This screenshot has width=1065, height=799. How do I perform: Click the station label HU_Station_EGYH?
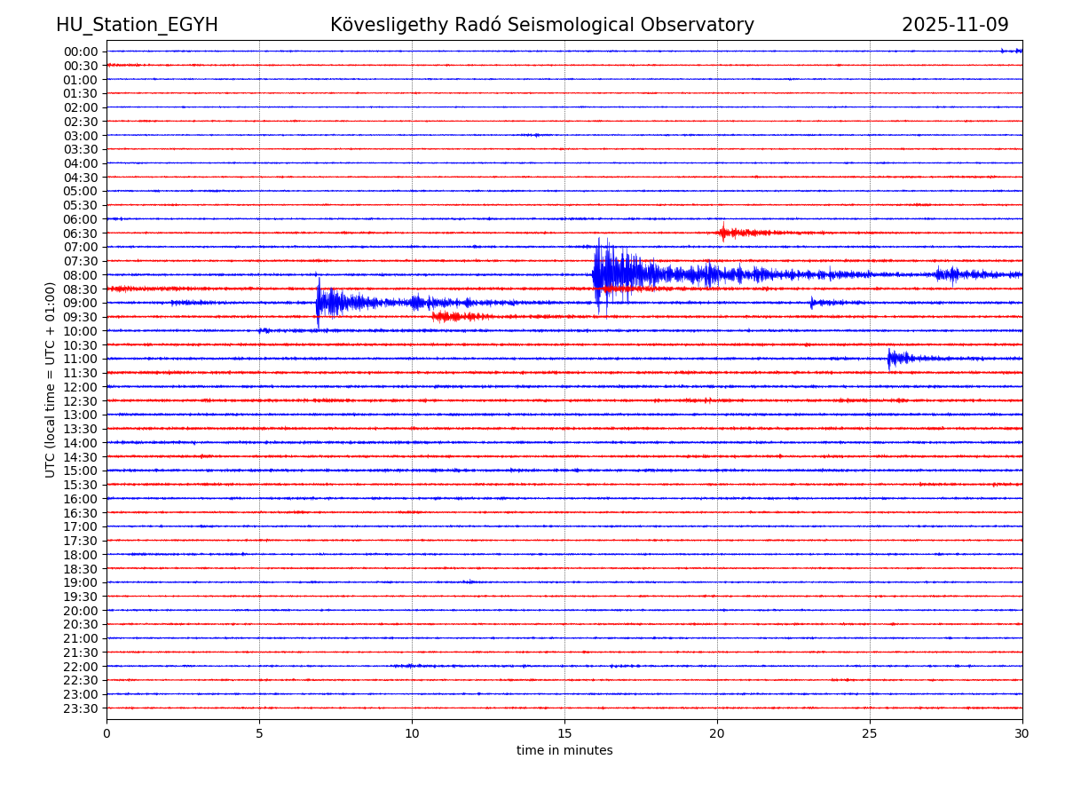click(x=137, y=25)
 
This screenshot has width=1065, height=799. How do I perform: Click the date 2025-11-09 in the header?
click(x=955, y=25)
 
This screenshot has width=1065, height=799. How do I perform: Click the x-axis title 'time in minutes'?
click(x=564, y=751)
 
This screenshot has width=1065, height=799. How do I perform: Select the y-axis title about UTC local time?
click(x=51, y=379)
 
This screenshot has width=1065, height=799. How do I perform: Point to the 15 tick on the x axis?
click(x=564, y=734)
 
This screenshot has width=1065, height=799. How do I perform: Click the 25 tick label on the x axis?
click(x=870, y=734)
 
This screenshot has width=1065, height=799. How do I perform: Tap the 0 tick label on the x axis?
click(x=106, y=734)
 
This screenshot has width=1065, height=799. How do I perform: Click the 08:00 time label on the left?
click(x=80, y=275)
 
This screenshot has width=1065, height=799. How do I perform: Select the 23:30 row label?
click(x=80, y=708)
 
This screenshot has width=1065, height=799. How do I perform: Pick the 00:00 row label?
click(x=80, y=51)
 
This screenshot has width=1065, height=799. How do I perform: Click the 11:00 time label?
click(x=80, y=359)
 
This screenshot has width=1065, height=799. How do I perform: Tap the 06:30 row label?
click(x=80, y=233)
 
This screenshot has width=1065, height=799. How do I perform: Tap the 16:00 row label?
click(x=80, y=499)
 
